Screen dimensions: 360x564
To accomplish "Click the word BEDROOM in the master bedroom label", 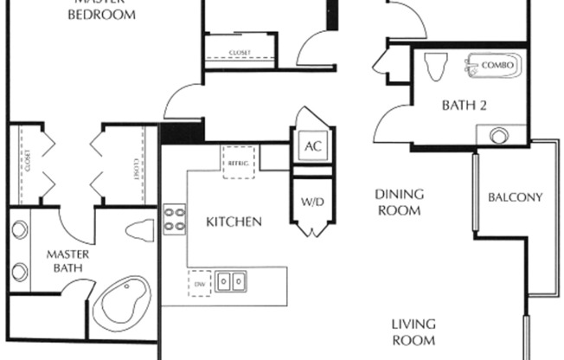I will coord(101,16).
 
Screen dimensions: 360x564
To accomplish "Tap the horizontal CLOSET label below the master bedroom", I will coord(240,53).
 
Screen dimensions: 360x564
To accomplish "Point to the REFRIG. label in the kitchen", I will coord(239,162).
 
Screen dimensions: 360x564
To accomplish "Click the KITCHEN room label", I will coord(234,222).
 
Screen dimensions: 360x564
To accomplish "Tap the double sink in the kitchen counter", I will coord(231,281).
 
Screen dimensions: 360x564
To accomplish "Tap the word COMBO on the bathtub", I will coord(499,66).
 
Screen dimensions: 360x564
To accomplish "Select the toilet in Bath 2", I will coord(436,66).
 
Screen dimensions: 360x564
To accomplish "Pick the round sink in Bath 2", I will coord(499,136).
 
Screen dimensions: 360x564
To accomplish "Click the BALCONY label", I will coord(515,197).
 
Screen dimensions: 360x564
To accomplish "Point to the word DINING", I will coord(398,195).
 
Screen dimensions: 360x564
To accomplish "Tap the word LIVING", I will coord(413,325).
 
